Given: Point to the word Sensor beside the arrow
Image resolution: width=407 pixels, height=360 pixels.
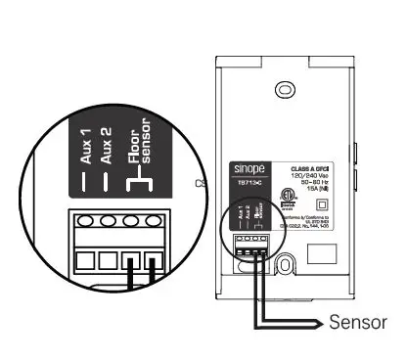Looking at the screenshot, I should click(358, 322).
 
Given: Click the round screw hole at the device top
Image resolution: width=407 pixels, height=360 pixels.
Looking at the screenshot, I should click(284, 89).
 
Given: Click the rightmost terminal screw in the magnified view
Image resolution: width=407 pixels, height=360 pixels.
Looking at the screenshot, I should click(153, 220).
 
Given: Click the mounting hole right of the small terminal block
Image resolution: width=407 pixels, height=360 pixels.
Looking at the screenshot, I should click(285, 262).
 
